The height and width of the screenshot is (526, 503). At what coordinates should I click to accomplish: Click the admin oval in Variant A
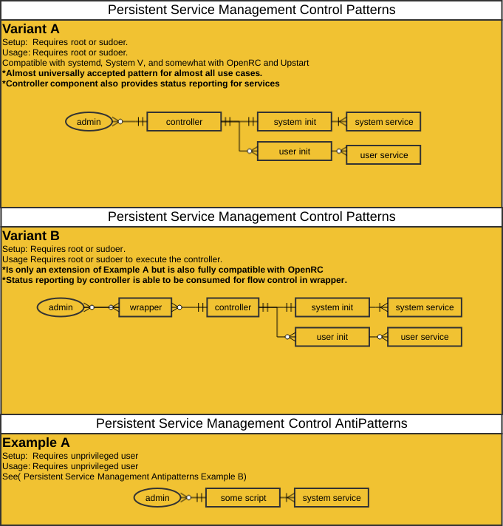coord(89,121)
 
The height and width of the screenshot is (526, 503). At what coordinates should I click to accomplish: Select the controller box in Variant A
coord(184,121)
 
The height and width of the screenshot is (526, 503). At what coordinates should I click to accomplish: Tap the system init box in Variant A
coord(295,121)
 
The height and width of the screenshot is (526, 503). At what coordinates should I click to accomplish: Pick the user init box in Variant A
coord(295,151)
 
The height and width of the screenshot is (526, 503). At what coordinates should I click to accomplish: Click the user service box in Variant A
coord(383,154)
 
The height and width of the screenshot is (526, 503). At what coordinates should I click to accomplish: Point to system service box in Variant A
coord(383,121)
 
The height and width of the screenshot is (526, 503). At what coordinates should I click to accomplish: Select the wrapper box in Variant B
coord(146,307)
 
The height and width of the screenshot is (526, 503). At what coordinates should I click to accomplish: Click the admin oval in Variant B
coord(61,307)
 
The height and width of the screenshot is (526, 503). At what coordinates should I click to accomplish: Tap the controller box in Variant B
coord(233,307)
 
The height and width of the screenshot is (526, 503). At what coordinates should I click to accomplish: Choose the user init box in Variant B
coord(332,336)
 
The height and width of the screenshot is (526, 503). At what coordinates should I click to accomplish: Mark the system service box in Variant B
coord(425,307)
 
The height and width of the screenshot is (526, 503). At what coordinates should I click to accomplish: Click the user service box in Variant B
coord(425,336)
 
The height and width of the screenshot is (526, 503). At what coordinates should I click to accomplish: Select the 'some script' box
coord(243,497)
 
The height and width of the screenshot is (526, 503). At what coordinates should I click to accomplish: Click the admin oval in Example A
coord(157,497)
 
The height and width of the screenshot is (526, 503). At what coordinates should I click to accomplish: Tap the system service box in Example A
coord(332,497)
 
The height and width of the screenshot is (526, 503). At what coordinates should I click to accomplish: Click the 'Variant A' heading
coord(31,29)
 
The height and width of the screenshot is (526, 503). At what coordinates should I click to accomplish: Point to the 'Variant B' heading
coord(31,236)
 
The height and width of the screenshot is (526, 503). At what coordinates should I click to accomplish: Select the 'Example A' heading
coord(36,443)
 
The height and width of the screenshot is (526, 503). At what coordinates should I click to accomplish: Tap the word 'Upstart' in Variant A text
coord(295,63)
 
